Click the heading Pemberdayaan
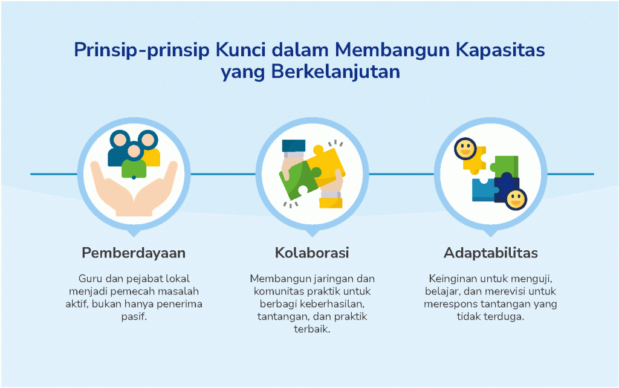(x=134, y=253)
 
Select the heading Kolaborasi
(x=312, y=253)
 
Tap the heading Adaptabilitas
(x=491, y=253)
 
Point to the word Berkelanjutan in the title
(x=335, y=73)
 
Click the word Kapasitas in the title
(x=500, y=50)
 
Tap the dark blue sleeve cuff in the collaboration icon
(x=294, y=146)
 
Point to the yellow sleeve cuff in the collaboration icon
(x=331, y=203)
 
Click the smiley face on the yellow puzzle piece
(x=465, y=149)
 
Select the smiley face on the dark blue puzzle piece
(x=516, y=199)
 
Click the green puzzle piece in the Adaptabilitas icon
(x=505, y=166)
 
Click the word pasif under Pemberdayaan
(x=134, y=317)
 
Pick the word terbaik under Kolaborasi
(x=312, y=329)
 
